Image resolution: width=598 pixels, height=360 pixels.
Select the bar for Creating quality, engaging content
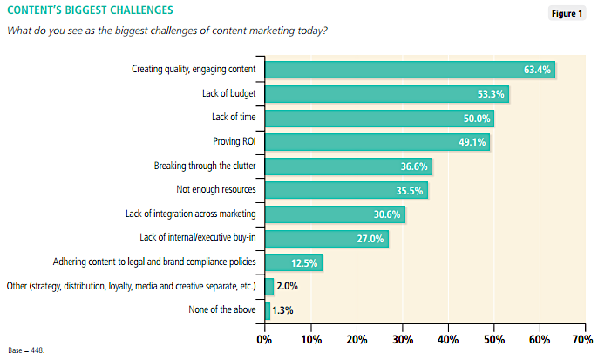point(410,70)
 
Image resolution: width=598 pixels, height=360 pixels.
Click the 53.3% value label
point(491,94)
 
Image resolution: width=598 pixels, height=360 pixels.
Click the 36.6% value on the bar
point(415,166)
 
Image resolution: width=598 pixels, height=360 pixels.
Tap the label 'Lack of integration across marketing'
point(192,214)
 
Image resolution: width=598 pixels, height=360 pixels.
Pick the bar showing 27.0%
point(327,238)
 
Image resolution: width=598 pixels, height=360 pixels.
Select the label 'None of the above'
point(222,309)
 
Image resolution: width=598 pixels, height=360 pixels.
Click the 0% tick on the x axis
point(264,339)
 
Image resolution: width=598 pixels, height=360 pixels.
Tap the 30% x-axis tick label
point(402,339)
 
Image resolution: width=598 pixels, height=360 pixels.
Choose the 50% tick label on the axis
point(494,339)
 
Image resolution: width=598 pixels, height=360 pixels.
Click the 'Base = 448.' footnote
point(25,350)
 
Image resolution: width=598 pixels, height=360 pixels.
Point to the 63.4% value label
point(535,70)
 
